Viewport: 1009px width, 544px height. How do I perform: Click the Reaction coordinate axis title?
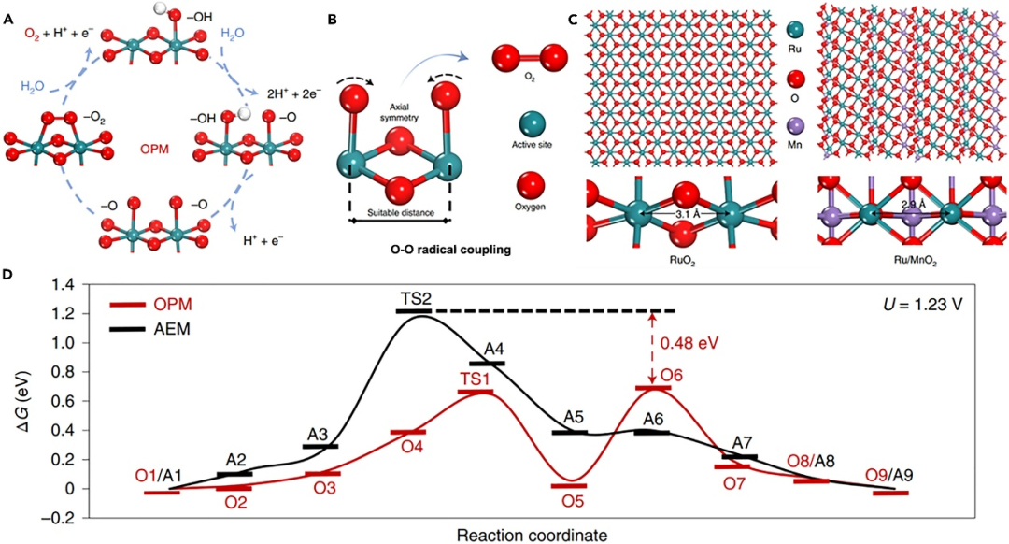click(x=520, y=535)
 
